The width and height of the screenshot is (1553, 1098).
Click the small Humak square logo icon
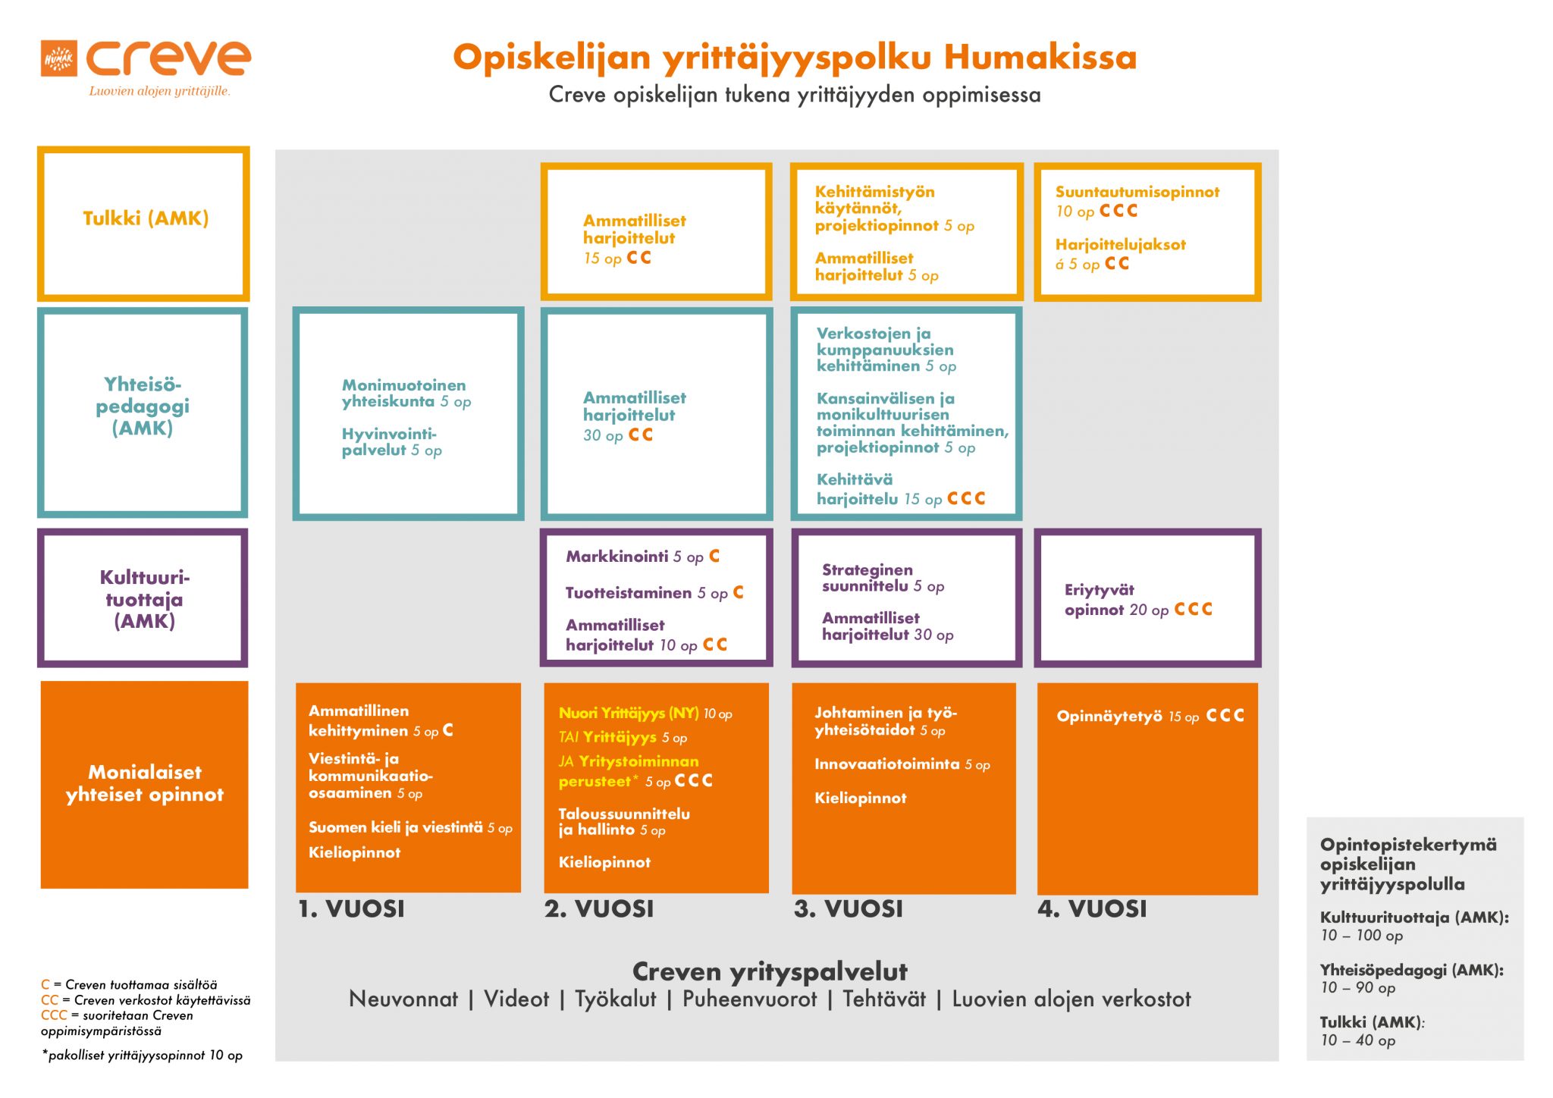58,58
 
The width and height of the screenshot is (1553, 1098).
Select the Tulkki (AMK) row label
145,218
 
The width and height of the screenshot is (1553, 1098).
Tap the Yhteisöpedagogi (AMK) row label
143,406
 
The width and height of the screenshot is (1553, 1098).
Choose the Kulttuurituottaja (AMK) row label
144,599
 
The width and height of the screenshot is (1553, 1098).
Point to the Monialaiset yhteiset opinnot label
144,783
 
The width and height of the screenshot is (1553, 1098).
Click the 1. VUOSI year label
351,908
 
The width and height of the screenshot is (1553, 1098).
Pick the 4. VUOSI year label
1092,908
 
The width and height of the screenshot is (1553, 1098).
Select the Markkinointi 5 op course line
634,557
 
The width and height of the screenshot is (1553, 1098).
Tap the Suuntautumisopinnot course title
1137,192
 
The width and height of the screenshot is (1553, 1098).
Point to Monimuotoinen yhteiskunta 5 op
406,394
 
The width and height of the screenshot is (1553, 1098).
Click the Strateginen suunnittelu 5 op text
882,578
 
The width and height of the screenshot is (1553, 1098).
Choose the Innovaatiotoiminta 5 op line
902,764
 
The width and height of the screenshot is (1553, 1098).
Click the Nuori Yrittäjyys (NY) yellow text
629,714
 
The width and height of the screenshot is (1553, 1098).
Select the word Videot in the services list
516,999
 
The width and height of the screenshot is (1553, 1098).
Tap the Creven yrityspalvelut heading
769,971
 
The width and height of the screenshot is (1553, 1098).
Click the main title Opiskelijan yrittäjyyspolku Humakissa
794,58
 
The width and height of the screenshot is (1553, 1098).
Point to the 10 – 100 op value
1361,936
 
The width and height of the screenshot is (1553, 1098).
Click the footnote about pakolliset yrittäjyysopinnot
143,1056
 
